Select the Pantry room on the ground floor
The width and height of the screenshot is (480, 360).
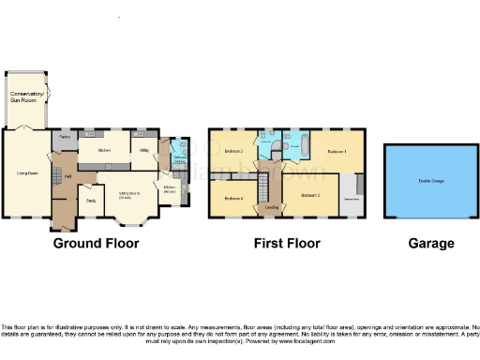click(x=65, y=137)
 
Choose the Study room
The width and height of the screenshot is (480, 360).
click(x=92, y=200)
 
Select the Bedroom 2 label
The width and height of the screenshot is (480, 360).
click(x=233, y=151)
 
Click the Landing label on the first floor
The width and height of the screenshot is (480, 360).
click(x=272, y=206)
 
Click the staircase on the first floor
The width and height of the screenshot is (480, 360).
click(x=273, y=179)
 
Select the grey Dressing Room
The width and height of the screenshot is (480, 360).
click(x=354, y=198)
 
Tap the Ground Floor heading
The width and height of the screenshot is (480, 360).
click(x=96, y=243)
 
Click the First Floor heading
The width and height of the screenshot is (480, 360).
click(x=287, y=243)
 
